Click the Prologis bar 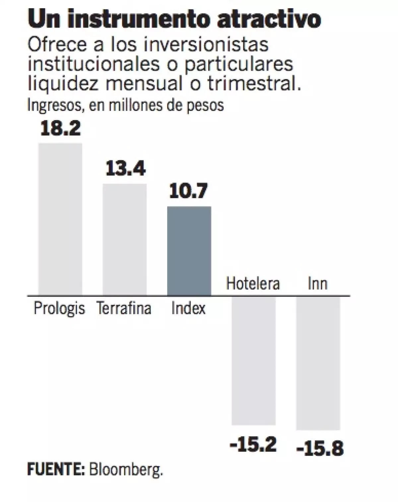coord(60,219)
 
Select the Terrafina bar coord(124,239)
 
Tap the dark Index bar coord(189,251)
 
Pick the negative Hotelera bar coord(253,361)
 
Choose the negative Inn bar coord(318,363)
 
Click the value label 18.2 coord(60,128)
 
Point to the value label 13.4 coord(125,169)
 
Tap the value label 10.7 coord(188,192)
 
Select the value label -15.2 coord(253,445)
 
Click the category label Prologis coord(59,308)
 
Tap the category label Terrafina coord(124,308)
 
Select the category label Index coord(188,308)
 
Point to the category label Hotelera coord(253,284)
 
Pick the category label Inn coord(317,284)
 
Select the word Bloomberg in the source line coord(126,470)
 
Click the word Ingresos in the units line coord(53,106)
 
